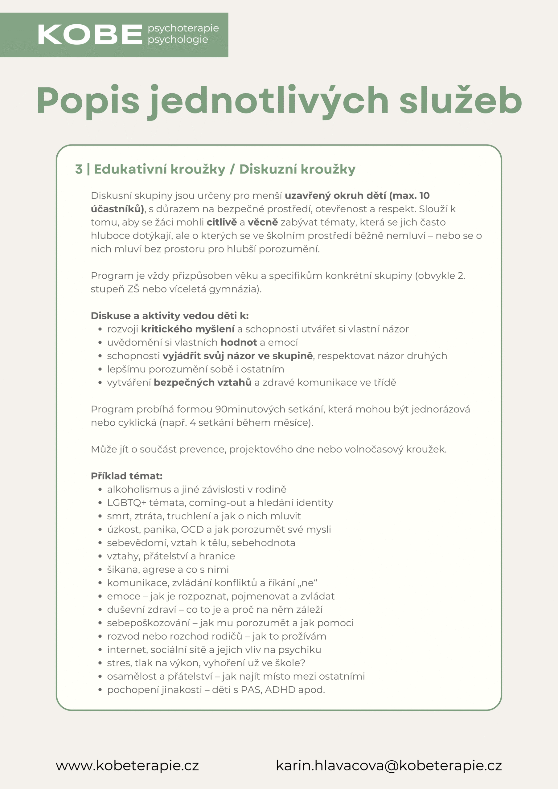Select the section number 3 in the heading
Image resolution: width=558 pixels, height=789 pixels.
pos(79,169)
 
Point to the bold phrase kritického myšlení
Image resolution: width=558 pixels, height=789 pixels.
pos(188,329)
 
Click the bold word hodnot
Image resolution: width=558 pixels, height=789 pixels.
pos(239,342)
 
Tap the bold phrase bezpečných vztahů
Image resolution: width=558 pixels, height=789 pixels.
pos(203,382)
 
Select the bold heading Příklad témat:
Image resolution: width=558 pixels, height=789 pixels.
pos(126,476)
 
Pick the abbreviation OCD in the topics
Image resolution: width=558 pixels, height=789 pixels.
pos(192,529)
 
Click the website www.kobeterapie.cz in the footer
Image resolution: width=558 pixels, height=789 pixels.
pos(127,766)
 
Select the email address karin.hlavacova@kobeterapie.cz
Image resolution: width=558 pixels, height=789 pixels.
pos(389,766)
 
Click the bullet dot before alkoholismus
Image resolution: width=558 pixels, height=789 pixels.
pos(100,490)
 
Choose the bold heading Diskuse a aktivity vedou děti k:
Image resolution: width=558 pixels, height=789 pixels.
pos(170,316)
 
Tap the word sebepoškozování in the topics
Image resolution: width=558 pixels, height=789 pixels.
pos(148,623)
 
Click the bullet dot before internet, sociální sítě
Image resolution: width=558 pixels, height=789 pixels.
pos(100,650)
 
